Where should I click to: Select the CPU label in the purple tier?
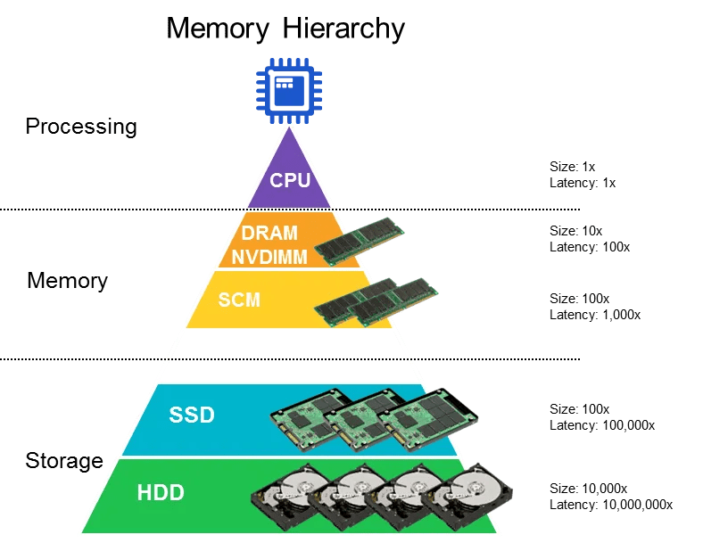tap(290, 180)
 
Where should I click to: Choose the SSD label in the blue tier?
tap(192, 415)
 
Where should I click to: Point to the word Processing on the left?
tap(81, 127)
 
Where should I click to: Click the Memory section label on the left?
tap(67, 281)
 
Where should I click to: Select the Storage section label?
tap(64, 461)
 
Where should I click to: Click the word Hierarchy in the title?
tap(343, 29)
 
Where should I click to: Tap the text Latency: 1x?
tap(583, 182)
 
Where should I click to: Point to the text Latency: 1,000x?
tap(595, 314)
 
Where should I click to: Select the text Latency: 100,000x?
tap(602, 425)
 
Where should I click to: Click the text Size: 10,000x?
tap(589, 489)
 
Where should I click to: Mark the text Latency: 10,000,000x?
tap(611, 505)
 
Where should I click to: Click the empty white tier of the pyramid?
tap(290, 356)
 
